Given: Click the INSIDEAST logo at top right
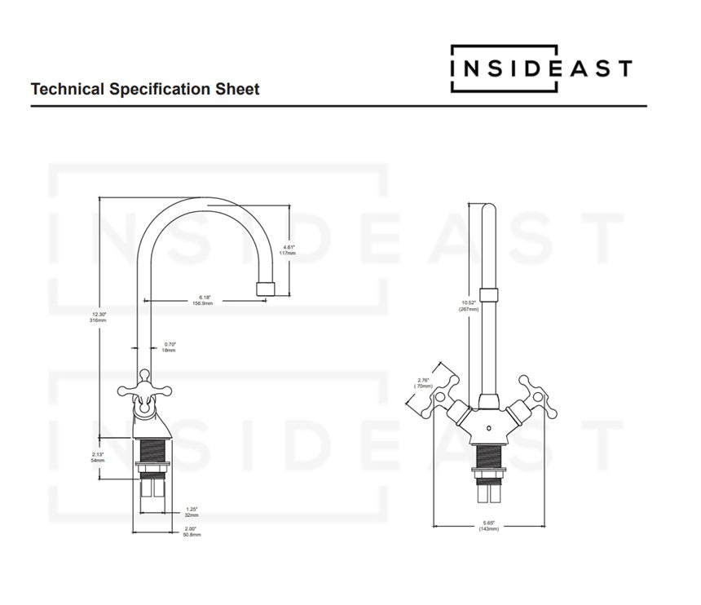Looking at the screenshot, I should tap(541, 68).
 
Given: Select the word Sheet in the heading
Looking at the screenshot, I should tap(239, 89).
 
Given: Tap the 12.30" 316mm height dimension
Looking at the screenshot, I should tap(98, 317).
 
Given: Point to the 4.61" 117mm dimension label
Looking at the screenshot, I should tap(288, 250).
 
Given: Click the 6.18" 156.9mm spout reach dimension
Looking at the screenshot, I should tap(202, 299).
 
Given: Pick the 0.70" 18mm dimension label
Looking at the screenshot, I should tap(169, 347).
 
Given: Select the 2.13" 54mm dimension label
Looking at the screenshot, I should tap(98, 457).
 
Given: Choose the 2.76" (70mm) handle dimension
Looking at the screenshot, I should tap(423, 382).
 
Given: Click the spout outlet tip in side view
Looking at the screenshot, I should tap(266, 288).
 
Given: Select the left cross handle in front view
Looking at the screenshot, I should tap(439, 390).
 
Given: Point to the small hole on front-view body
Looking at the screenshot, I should tap(488, 427).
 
